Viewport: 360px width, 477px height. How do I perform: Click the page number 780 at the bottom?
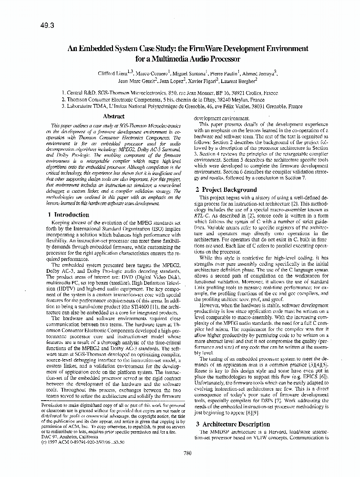[x=180, y=453]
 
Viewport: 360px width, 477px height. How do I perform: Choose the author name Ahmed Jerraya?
[x=261, y=73]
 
